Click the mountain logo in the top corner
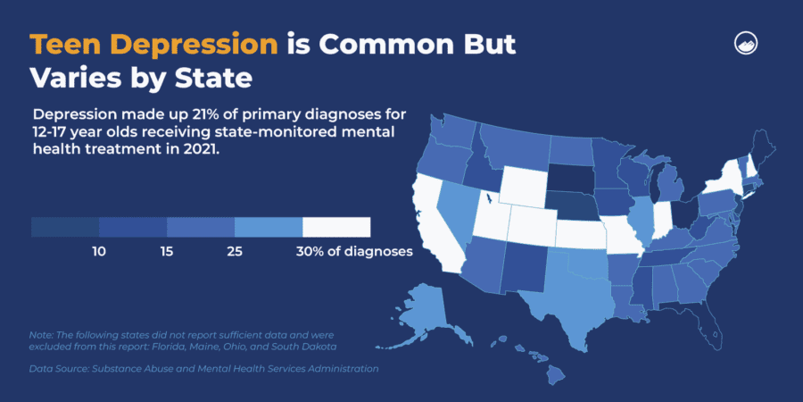coord(746,44)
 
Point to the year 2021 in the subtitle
coord(195,150)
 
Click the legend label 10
coord(99,252)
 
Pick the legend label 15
coord(167,252)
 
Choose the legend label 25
coord(235,252)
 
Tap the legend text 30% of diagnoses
coord(354,252)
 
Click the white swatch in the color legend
coord(336,227)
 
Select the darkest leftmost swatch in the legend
coord(65,227)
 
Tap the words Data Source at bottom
coord(62,368)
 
